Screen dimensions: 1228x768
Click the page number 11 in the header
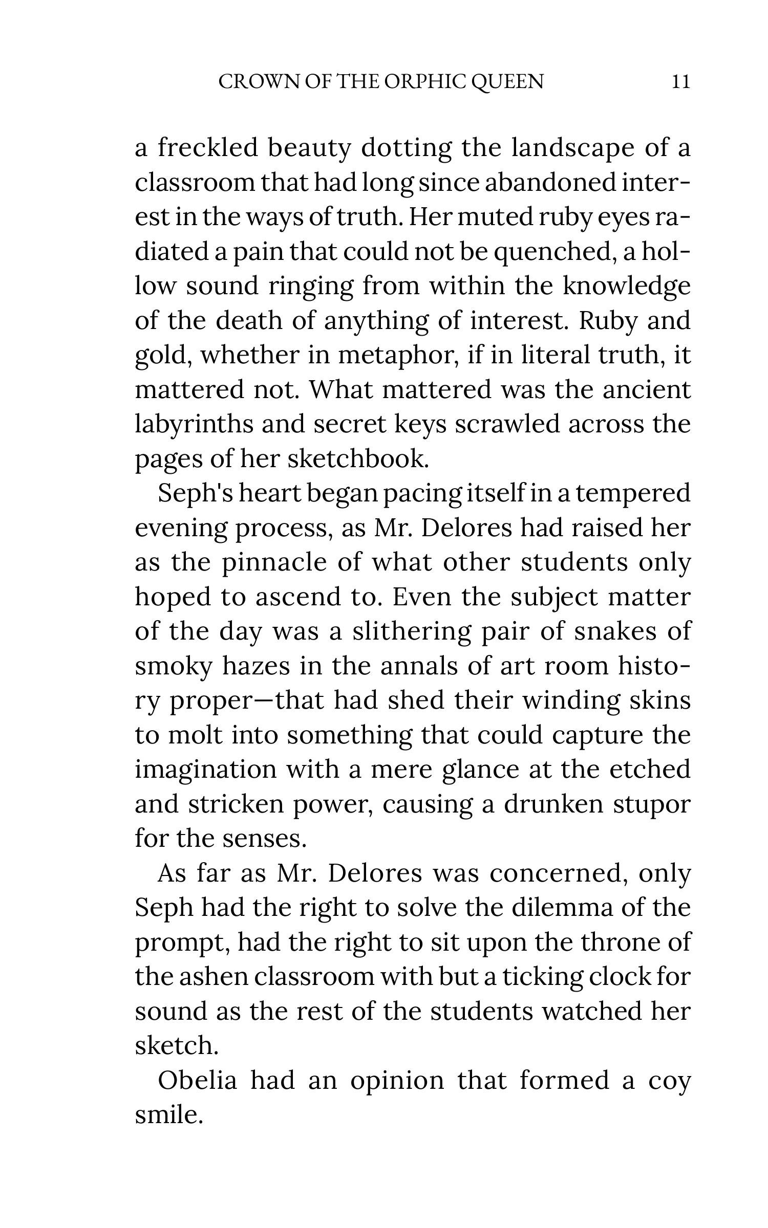click(x=680, y=82)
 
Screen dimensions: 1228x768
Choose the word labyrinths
click(x=194, y=424)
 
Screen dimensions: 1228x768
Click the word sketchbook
click(x=358, y=458)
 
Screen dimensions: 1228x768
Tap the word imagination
click(x=205, y=770)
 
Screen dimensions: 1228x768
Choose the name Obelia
click(x=198, y=1080)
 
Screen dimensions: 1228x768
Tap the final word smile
click(x=168, y=1115)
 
